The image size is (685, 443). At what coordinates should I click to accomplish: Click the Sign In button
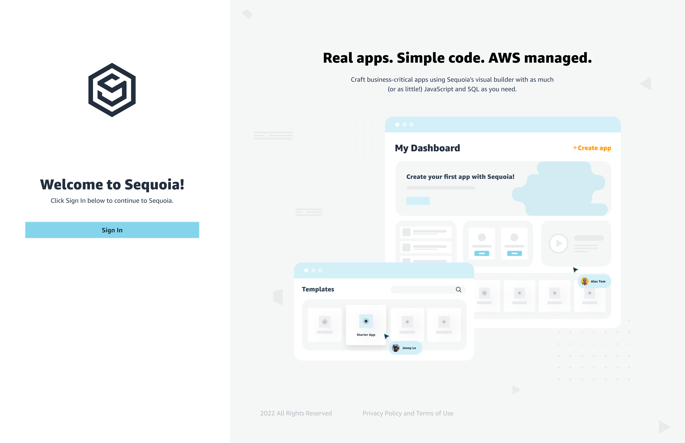tap(112, 230)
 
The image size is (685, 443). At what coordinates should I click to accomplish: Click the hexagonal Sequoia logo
tap(112, 90)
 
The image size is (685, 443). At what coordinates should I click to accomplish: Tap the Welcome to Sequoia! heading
tap(112, 184)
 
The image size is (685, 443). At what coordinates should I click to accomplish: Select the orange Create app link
tap(592, 148)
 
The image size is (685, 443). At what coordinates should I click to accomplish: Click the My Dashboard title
tap(427, 148)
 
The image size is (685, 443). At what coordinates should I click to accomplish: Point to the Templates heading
tap(318, 289)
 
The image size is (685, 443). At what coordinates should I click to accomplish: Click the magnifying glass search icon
tap(458, 290)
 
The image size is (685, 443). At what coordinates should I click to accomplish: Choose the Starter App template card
tap(366, 324)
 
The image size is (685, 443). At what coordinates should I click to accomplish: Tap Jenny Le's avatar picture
tap(396, 348)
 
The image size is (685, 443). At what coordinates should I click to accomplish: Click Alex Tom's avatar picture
tap(585, 281)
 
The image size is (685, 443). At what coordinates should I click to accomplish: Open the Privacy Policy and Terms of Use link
tap(408, 413)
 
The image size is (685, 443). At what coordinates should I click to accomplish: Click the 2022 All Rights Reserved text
tap(296, 413)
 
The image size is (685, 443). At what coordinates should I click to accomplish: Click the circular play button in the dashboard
tap(558, 243)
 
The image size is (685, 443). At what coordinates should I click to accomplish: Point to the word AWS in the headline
tap(504, 58)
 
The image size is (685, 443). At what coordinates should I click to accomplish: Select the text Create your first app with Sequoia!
tap(460, 177)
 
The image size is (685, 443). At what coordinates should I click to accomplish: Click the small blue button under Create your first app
tap(418, 201)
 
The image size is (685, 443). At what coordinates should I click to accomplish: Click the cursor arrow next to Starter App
tap(386, 336)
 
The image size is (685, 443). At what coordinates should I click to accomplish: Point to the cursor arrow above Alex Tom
tap(575, 270)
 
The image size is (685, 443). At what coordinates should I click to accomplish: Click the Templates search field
tap(423, 290)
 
